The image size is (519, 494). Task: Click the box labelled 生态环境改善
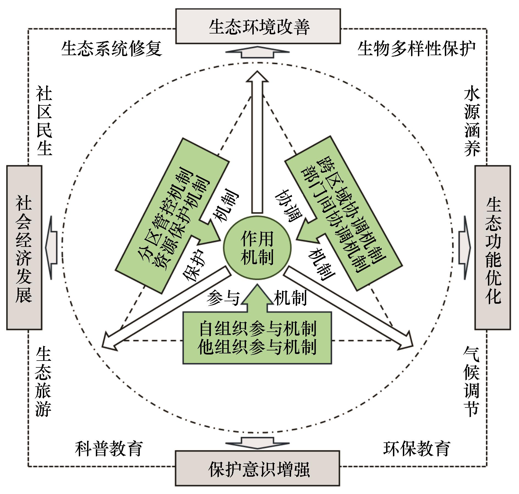click(x=258, y=26)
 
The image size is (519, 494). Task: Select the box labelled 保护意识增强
click(x=258, y=470)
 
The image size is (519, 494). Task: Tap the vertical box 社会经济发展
click(x=24, y=247)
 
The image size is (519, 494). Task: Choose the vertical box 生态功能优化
click(x=493, y=247)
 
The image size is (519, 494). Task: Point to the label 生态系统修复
click(x=111, y=49)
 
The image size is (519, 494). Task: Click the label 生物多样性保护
click(x=416, y=49)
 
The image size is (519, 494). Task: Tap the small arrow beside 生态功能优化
click(x=464, y=247)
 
